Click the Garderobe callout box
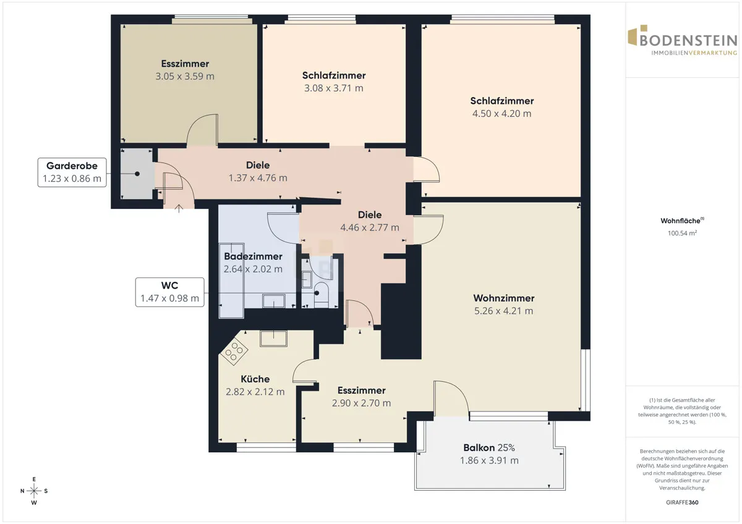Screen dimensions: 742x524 coord(72,172)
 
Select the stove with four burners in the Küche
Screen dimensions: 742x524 coord(234,352)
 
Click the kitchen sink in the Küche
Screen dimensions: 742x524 coord(273,338)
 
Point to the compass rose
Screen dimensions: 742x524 coord(34,491)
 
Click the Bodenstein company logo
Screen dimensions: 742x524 coord(683,40)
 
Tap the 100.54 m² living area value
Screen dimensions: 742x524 coord(682,233)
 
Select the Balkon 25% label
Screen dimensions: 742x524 coord(489,448)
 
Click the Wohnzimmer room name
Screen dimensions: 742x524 coord(503,298)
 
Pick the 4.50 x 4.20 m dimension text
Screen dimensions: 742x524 coord(501,114)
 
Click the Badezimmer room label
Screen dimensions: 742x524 coord(253,256)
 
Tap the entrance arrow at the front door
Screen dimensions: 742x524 coord(179,208)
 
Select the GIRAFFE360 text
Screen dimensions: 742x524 coord(682,502)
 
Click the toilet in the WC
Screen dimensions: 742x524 coord(320,293)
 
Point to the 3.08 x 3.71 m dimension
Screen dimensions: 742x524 coord(333,88)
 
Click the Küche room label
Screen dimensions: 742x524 coord(255,379)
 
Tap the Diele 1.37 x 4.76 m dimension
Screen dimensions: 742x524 coord(258,178)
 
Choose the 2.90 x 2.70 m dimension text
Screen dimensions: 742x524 coord(361,403)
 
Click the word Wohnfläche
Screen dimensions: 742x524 coord(680,221)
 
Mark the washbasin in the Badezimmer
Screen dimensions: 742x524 coord(273,301)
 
